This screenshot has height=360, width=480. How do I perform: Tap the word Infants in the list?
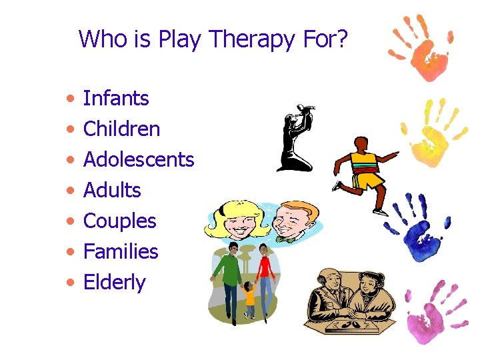(x=115, y=99)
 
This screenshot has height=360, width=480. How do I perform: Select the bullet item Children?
(x=121, y=129)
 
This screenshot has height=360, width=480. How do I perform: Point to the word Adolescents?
(x=138, y=159)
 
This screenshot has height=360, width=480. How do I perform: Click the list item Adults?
(x=112, y=190)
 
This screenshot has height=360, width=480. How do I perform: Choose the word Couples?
(x=119, y=221)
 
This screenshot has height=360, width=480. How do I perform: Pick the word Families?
(x=121, y=251)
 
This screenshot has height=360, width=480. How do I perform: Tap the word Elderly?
(x=114, y=282)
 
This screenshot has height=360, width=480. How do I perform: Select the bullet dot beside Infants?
(x=70, y=99)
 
